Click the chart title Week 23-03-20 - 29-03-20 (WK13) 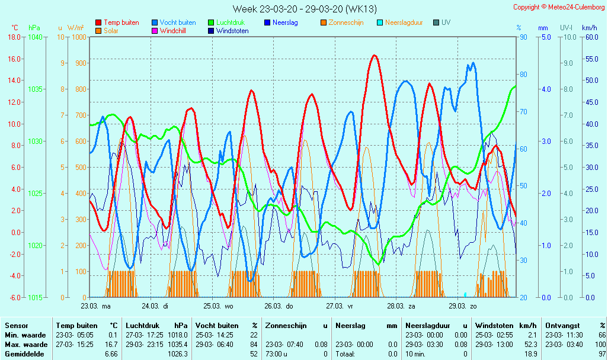pos(304,9)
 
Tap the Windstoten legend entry pos(232,31)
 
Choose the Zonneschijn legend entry pos(345,22)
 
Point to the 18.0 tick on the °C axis pos(13,37)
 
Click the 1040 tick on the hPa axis pos(35,37)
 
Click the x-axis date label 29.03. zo pos(462,306)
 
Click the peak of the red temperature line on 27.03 pos(374,56)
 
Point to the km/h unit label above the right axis pos(589,28)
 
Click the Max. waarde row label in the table pos(26,344)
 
